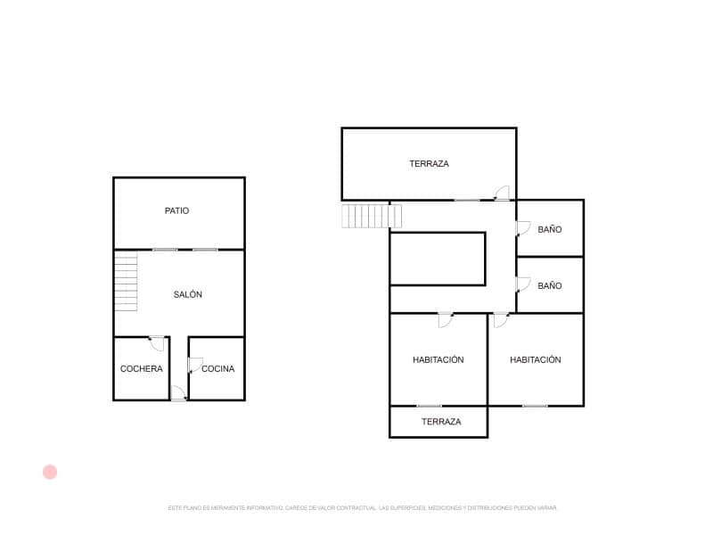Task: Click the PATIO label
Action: point(176,211)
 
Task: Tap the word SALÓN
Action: point(187,294)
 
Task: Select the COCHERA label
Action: point(142,369)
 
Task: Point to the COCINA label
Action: point(218,369)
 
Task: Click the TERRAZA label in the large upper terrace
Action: point(429,164)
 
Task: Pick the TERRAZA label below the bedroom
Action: point(441,422)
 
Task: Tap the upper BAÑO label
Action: point(550,230)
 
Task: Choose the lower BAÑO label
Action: point(550,286)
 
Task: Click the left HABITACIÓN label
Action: point(438,360)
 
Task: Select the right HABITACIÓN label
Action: point(536,360)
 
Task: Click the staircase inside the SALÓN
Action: point(126,284)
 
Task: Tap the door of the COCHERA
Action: point(157,343)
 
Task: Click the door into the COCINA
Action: point(194,365)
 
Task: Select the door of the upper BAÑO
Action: point(523,227)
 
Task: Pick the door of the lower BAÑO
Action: point(523,284)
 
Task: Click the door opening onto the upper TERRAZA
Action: point(502,193)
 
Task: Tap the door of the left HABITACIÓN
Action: point(445,318)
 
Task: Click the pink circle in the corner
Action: point(50,472)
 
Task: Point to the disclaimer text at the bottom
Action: point(362,507)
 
